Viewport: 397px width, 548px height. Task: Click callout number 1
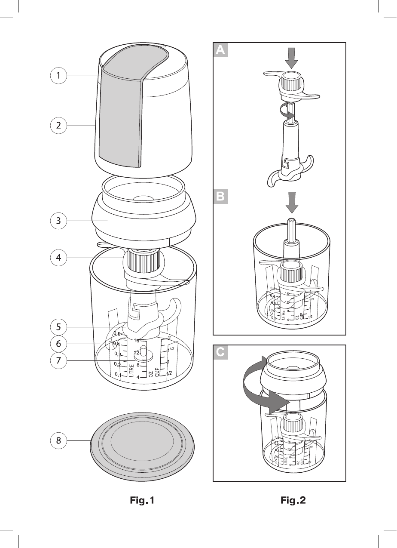pyautogui.click(x=58, y=76)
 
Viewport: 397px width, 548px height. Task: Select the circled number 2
pyautogui.click(x=58, y=126)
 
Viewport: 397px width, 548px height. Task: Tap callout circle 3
pyautogui.click(x=58, y=221)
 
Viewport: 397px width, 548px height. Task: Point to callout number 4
pyautogui.click(x=58, y=258)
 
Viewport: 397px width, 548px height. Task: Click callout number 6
pyautogui.click(x=58, y=344)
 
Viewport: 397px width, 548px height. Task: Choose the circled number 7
pyautogui.click(x=58, y=361)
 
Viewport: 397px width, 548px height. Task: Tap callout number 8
pyautogui.click(x=58, y=441)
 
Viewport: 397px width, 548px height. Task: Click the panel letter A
pyautogui.click(x=220, y=50)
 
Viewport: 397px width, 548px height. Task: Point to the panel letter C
pyautogui.click(x=220, y=353)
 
